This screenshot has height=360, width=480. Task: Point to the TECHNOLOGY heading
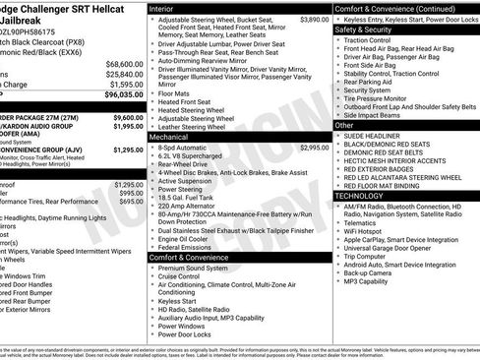tap(368, 197)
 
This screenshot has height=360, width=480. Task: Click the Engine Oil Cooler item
tap(191, 238)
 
